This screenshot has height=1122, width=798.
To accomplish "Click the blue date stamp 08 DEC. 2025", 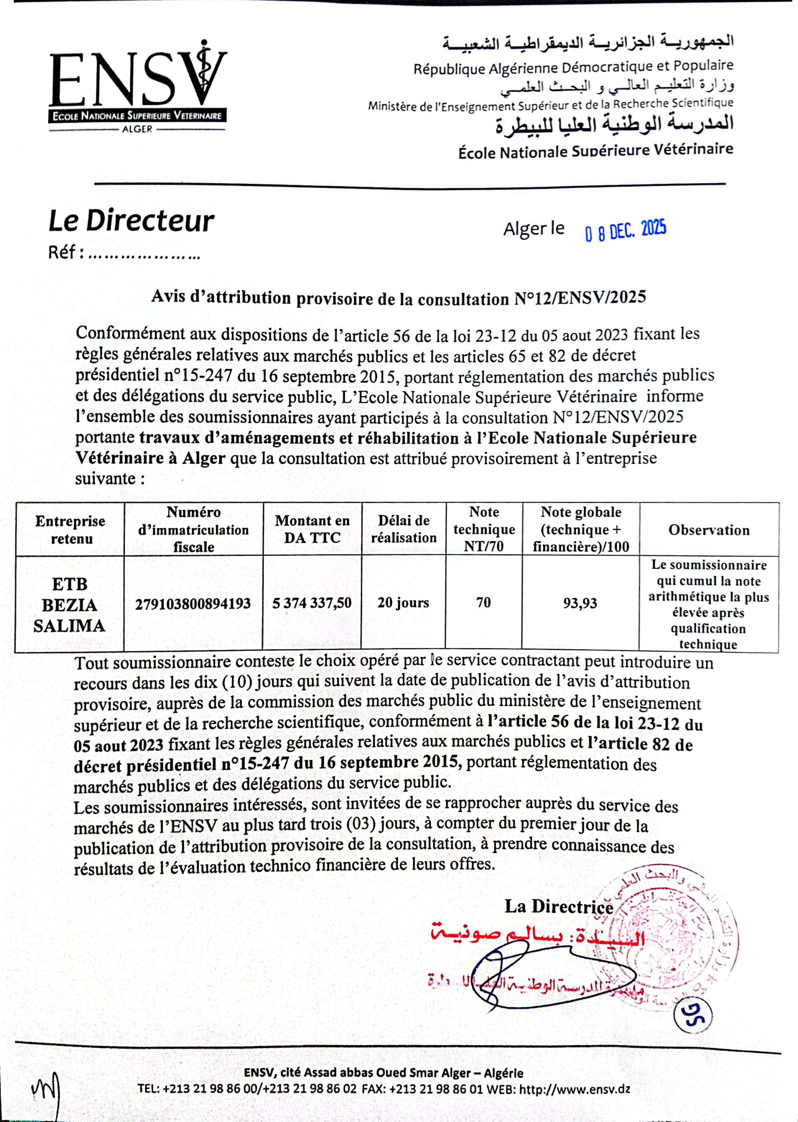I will (x=625, y=230).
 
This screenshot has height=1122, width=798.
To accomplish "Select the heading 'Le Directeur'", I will (x=131, y=221).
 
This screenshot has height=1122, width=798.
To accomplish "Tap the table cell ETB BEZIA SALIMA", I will (x=69, y=604).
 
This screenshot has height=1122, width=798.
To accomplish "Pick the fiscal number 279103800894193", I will (x=193, y=604).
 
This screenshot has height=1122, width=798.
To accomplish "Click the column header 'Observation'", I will (x=709, y=530).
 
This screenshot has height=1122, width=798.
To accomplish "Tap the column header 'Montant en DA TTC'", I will (x=312, y=529).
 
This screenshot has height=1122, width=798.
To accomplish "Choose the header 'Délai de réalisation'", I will (x=403, y=529).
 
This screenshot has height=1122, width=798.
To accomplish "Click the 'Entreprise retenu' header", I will (x=70, y=530).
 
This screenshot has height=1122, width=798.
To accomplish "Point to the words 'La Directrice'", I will (x=559, y=906).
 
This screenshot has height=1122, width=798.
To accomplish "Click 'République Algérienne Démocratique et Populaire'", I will (x=573, y=68).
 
